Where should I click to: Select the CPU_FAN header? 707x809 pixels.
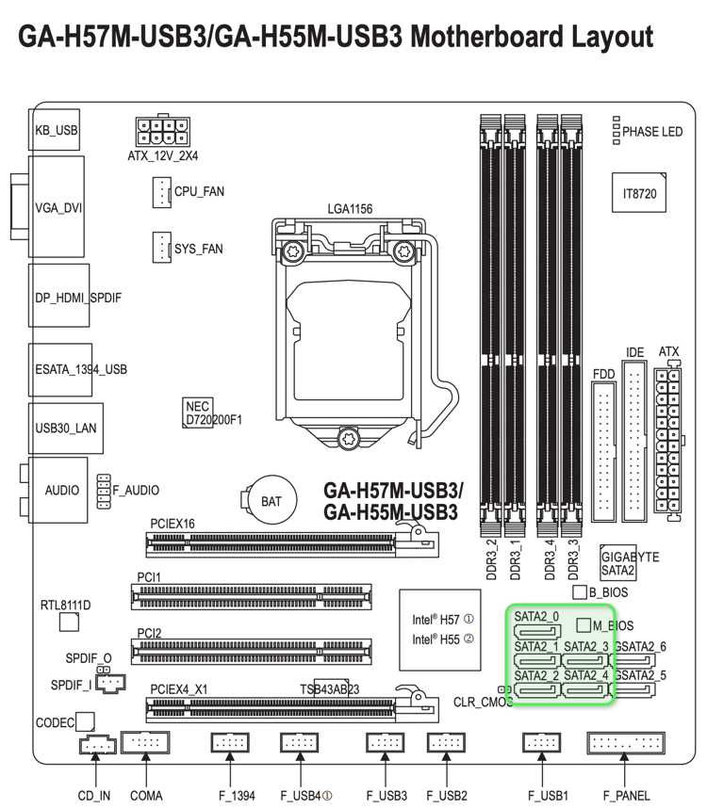click(x=159, y=191)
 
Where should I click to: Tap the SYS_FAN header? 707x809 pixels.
click(x=159, y=249)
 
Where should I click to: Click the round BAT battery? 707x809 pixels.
click(x=270, y=500)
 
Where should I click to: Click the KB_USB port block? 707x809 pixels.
click(x=56, y=131)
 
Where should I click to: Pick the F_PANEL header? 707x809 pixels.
click(x=625, y=743)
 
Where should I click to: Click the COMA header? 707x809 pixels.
click(x=145, y=743)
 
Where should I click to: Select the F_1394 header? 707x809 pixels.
click(x=230, y=743)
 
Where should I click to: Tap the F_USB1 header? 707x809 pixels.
click(x=543, y=743)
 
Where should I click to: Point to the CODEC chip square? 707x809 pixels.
click(x=85, y=721)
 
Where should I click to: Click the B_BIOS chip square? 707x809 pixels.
click(x=580, y=592)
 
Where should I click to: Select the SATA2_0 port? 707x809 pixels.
click(x=536, y=632)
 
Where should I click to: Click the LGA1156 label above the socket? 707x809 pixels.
click(x=350, y=209)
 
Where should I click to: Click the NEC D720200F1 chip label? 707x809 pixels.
click(x=213, y=413)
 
